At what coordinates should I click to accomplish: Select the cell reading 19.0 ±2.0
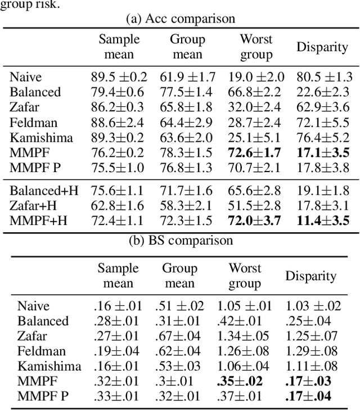pos(256,77)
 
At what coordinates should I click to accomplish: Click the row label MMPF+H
pos(37,221)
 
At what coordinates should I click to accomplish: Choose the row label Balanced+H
pos(43,191)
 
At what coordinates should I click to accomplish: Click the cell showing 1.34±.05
pos(244,336)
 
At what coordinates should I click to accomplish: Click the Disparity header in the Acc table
pos(322,47)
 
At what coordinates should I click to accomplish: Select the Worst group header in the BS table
pos(244,276)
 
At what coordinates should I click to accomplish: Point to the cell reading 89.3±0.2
pos(117,137)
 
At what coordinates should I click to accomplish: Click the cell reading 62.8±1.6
pos(117,206)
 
